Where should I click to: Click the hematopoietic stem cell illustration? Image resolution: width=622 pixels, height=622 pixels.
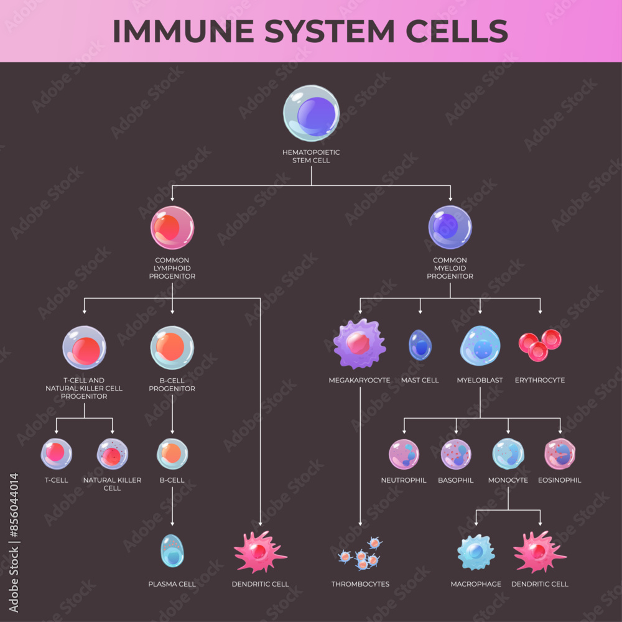(311, 113)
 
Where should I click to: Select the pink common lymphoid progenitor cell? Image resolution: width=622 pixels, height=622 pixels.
(172, 228)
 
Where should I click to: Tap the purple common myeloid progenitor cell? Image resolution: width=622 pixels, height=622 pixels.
(450, 228)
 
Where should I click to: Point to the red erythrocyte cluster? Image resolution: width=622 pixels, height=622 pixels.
(540, 345)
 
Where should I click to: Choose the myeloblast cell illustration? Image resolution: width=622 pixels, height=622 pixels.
(480, 345)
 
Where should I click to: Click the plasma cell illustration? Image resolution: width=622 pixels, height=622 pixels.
(172, 550)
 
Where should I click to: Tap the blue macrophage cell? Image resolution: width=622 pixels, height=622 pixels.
(476, 552)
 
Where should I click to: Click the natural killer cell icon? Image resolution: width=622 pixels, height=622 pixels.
(113, 454)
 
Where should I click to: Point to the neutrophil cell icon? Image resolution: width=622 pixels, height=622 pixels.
(404, 454)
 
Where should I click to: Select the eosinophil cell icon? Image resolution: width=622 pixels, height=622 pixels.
(560, 454)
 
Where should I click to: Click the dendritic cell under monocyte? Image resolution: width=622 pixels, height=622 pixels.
(539, 551)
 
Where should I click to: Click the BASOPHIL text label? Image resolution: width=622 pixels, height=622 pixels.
(455, 480)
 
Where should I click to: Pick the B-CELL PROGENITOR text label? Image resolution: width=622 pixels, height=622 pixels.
(172, 384)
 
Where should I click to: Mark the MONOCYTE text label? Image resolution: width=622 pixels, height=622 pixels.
(508, 480)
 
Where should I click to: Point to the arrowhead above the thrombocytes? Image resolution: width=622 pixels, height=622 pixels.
(360, 524)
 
